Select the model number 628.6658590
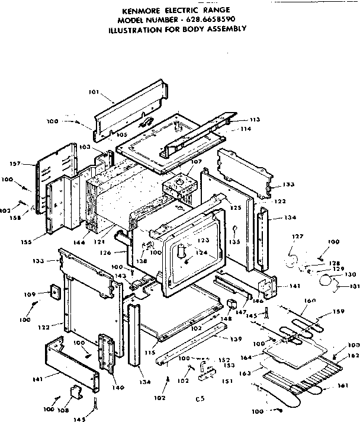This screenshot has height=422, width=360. [211, 19]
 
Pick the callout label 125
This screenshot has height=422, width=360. [236, 208]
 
